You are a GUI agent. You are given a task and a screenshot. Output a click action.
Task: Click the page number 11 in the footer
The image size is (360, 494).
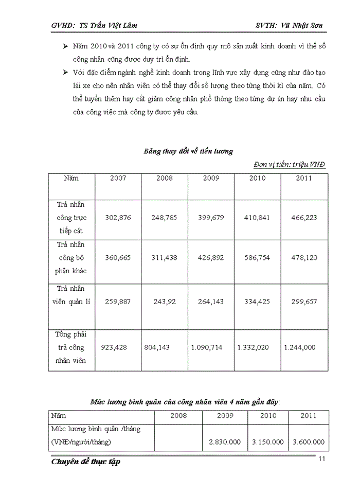click(321, 459)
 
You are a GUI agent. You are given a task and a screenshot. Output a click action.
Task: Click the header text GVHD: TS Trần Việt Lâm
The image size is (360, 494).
click(95, 25)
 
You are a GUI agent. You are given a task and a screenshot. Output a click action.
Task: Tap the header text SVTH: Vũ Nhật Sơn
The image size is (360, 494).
click(289, 25)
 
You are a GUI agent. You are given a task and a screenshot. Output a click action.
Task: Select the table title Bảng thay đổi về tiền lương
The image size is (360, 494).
click(188, 151)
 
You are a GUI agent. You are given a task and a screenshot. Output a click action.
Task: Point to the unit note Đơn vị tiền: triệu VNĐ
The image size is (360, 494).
click(290, 164)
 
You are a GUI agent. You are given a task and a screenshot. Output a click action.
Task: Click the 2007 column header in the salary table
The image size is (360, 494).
click(118, 178)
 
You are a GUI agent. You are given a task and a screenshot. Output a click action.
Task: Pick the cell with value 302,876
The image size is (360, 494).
click(118, 218)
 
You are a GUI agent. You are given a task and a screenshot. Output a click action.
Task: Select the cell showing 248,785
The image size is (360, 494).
click(164, 218)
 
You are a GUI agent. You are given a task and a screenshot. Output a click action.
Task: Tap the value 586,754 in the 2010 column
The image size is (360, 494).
click(257, 258)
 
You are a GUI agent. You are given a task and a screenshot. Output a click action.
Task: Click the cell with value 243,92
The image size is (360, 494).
click(165, 302)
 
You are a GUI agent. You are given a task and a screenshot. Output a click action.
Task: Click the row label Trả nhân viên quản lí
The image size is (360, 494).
click(71, 295)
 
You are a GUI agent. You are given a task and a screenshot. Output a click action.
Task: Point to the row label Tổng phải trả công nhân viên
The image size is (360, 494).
click(71, 347)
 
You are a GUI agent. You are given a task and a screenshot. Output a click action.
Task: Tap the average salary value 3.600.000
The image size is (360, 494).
click(308, 442)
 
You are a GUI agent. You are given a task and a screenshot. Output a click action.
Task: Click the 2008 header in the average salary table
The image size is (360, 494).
click(178, 415)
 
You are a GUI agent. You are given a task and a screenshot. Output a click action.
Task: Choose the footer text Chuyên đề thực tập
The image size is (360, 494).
click(86, 462)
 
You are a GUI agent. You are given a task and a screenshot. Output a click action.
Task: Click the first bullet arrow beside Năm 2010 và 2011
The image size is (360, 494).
click(65, 47)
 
